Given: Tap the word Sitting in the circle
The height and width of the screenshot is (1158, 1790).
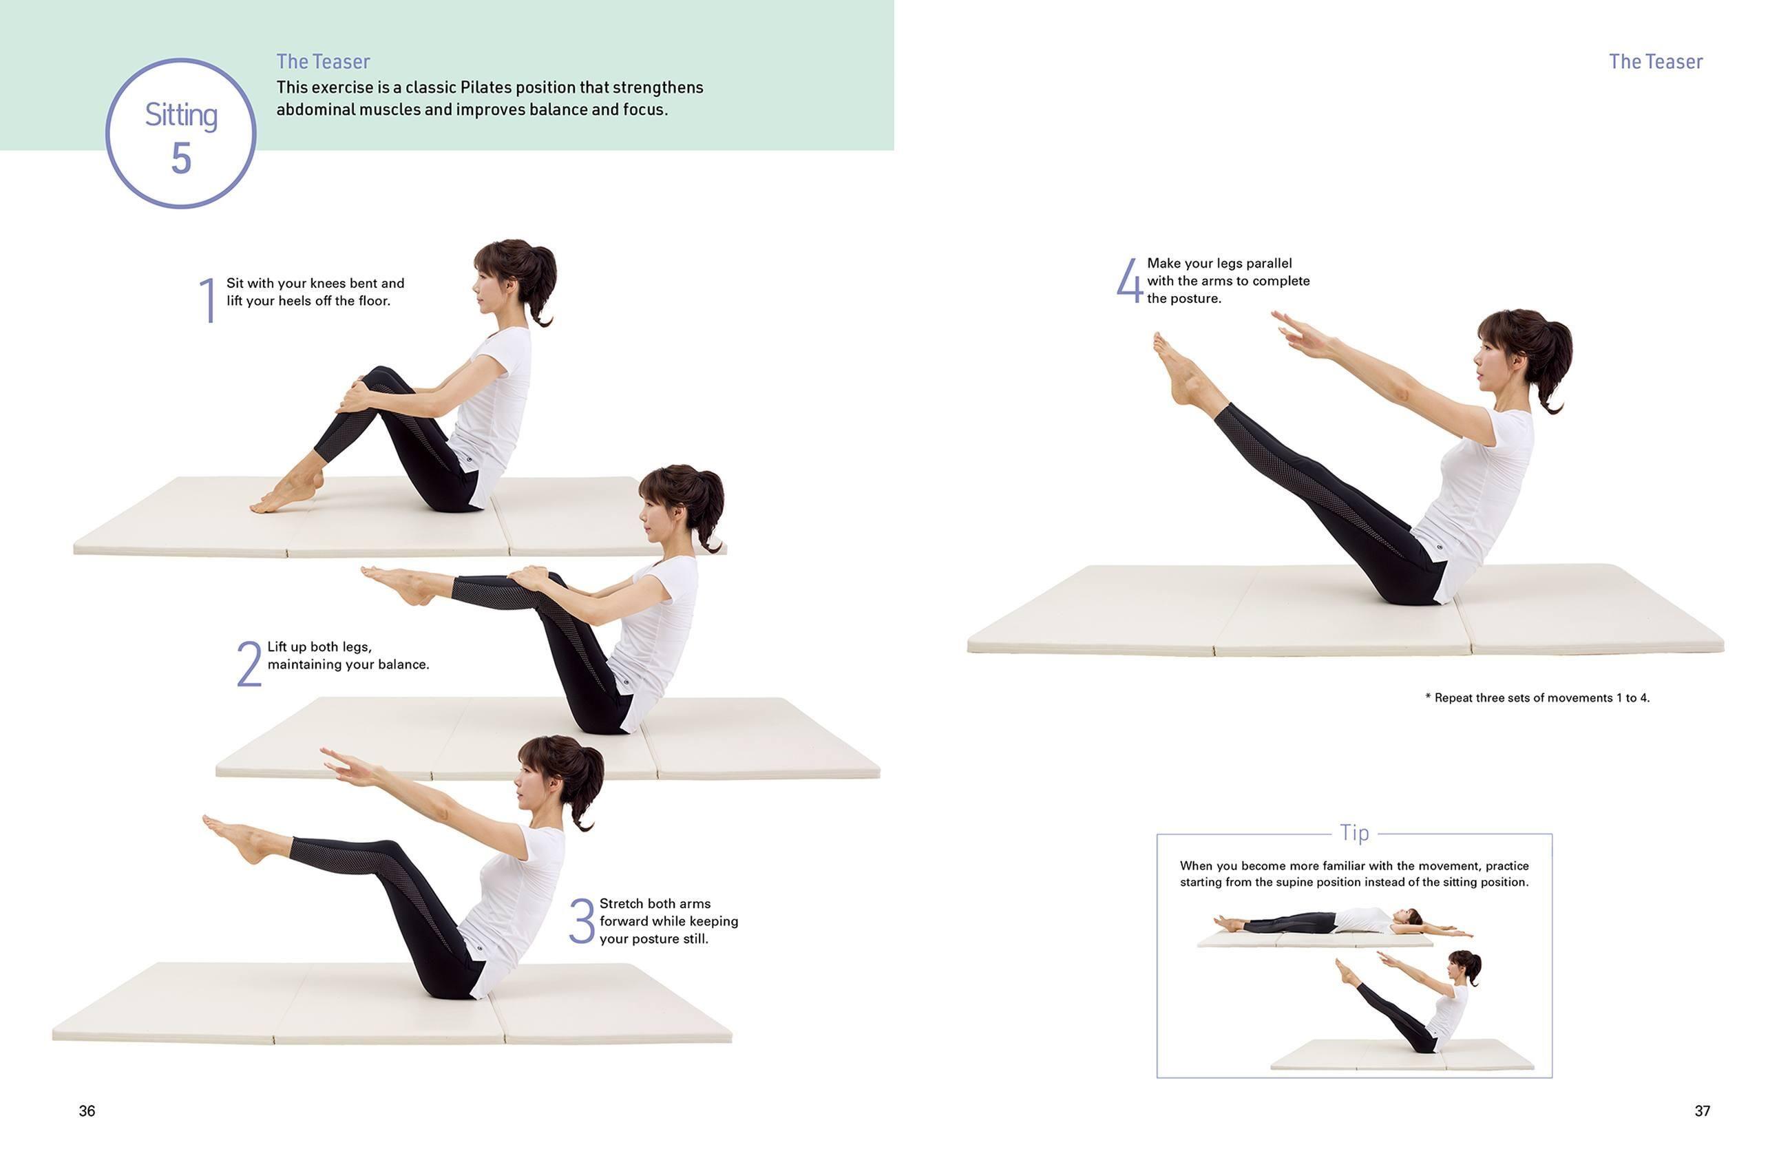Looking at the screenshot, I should pos(180,115).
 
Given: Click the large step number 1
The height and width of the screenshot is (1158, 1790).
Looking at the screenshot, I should pos(208,300).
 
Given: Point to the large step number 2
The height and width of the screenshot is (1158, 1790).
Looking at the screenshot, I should pos(249,663).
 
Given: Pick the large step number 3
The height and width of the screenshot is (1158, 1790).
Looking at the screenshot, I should pos(581,920).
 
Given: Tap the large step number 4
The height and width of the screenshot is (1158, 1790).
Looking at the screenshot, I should pos(1128,280).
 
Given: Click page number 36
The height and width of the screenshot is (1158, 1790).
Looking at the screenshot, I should pos(87,1110).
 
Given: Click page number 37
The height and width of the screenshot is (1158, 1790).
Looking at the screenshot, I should pos(1702,1110).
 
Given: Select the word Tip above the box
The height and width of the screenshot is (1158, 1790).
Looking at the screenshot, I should pos(1354,832).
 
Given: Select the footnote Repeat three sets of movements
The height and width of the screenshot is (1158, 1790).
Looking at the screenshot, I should pos(1537,698).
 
